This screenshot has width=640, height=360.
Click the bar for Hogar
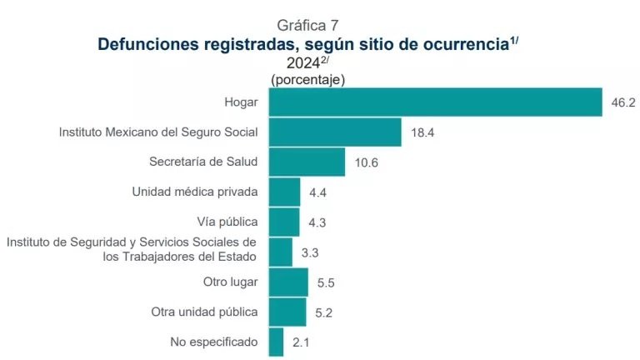coord(435,102)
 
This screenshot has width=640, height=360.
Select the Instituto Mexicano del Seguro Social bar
coord(335,132)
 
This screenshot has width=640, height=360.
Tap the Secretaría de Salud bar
coord(307,162)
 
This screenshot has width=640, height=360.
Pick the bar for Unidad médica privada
coord(284,192)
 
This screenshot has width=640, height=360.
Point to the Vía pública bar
coord(284,222)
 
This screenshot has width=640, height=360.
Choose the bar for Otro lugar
coord(288,282)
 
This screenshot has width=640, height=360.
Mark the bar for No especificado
coord(277,342)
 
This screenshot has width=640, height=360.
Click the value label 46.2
coord(623,102)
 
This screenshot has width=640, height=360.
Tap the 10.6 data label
coord(366,162)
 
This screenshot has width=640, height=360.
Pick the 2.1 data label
coord(301,342)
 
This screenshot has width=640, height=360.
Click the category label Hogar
coord(241,102)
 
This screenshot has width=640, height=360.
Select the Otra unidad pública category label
coord(204,312)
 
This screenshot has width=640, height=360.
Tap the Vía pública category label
coord(227,222)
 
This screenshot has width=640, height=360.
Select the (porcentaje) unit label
coord(307,79)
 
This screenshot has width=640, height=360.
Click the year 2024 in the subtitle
coord(302,62)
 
